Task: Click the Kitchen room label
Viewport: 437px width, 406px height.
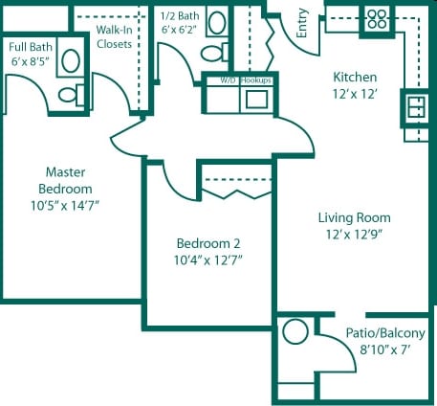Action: point(355,78)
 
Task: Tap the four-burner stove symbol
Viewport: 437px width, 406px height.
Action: point(377,19)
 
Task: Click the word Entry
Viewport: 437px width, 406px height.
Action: point(302,23)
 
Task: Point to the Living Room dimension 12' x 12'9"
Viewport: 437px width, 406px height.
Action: point(354,235)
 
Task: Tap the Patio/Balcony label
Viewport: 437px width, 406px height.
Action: point(385,333)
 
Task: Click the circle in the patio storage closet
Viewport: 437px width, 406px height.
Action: point(295,332)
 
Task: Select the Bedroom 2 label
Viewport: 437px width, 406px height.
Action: point(208,243)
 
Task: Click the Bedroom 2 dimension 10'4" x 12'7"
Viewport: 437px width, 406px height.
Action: point(208,260)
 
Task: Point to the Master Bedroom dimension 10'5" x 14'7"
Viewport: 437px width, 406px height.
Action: point(65,206)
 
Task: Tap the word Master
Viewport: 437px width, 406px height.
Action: point(65,172)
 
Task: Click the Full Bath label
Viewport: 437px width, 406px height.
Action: point(31,47)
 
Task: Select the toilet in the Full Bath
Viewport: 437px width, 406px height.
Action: point(71,95)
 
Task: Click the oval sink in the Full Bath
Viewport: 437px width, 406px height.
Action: point(71,60)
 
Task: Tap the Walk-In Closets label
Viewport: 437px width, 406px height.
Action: point(114,36)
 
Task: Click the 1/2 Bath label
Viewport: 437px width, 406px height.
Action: point(180,16)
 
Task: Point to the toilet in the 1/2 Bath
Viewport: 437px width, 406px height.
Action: point(214,53)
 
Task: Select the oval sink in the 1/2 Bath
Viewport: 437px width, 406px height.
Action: point(217,23)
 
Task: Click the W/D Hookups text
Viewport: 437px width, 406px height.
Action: point(246,80)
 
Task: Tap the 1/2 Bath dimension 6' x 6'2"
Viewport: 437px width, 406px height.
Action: point(179,30)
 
